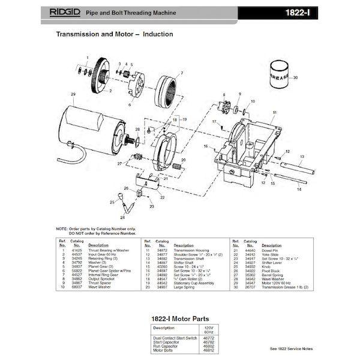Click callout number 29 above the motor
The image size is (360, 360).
73,94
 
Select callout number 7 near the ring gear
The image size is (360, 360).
181,73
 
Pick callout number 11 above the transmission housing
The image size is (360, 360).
274,113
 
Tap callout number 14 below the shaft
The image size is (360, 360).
298,189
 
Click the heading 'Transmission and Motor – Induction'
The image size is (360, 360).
114,34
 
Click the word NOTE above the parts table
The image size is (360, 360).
62,229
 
